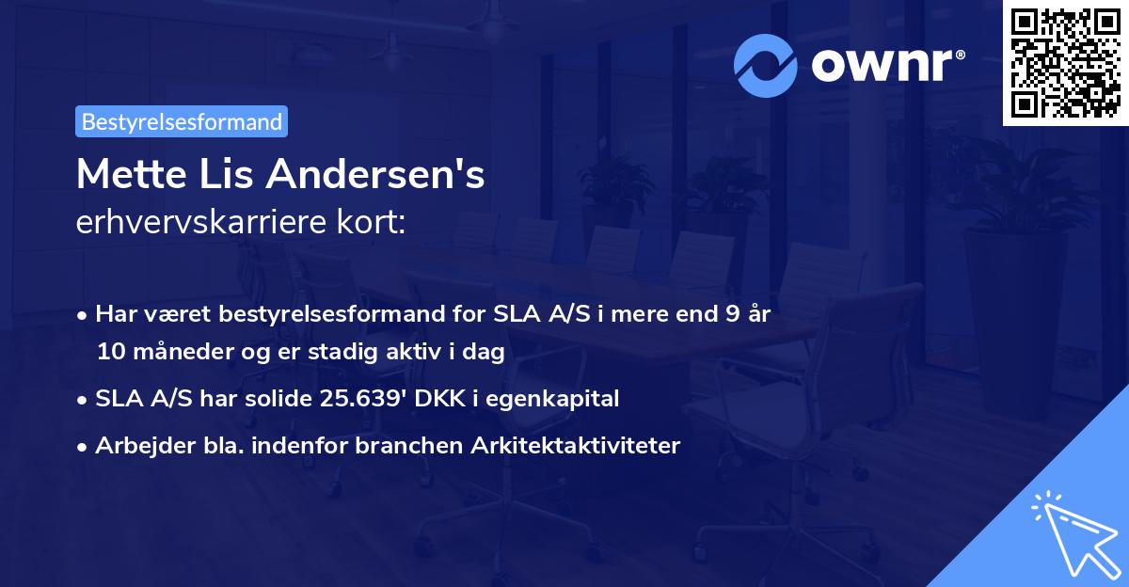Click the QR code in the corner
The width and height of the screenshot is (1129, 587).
1065,62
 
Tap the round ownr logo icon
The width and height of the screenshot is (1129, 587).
766,65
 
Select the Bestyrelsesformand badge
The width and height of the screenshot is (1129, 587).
182,121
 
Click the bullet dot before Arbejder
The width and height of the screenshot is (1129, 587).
84,447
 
